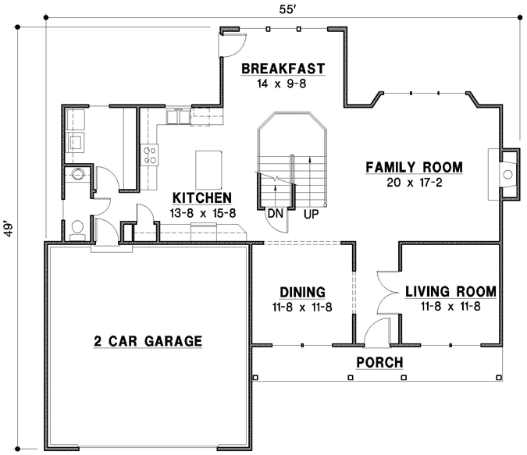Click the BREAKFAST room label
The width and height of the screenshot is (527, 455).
point(283,68)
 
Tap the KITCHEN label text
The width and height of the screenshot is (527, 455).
point(202,197)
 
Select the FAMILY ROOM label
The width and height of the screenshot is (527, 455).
point(414,167)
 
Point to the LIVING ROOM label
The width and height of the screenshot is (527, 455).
point(450,292)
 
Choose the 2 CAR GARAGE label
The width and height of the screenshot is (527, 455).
point(148,341)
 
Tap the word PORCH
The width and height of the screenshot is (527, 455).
point(379,362)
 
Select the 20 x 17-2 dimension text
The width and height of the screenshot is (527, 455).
point(414,183)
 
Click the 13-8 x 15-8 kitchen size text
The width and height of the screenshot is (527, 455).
point(202,212)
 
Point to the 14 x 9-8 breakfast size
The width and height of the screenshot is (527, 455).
point(283,83)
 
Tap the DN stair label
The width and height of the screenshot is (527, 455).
point(275,213)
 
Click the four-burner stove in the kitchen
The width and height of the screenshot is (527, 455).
point(149,154)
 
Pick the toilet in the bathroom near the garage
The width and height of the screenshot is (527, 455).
point(77,227)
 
